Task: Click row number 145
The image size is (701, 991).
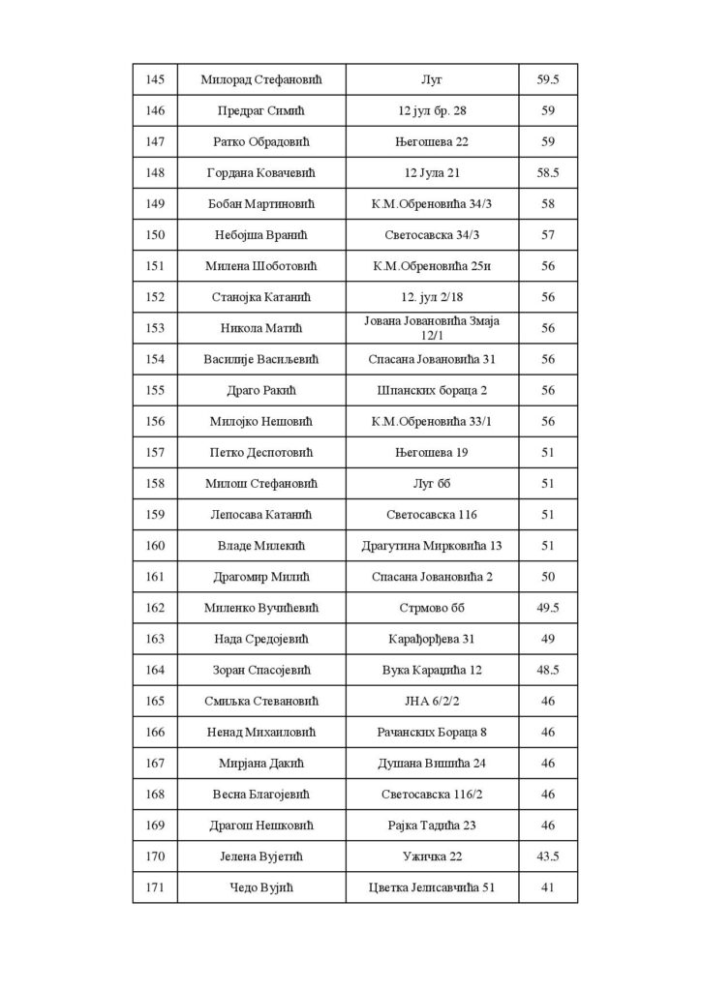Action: (154, 79)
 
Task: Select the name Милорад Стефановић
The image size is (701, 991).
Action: (260, 79)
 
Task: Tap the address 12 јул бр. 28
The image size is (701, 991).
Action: (431, 110)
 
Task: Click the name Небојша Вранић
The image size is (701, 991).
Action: (260, 235)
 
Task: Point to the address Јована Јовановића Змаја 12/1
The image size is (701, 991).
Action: (431, 328)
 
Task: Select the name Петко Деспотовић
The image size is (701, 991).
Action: (260, 452)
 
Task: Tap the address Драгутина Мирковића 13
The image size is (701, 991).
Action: (431, 546)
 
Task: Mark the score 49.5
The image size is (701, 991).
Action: (548, 608)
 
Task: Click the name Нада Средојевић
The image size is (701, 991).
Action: (260, 639)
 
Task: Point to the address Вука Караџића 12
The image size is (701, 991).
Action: (431, 670)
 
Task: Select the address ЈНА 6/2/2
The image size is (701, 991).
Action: (431, 701)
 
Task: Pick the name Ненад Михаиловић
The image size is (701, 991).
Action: (260, 732)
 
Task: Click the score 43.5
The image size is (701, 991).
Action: (548, 856)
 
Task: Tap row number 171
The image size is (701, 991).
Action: (154, 887)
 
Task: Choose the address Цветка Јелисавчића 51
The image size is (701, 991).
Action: (431, 887)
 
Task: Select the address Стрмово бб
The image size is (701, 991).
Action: (431, 608)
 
